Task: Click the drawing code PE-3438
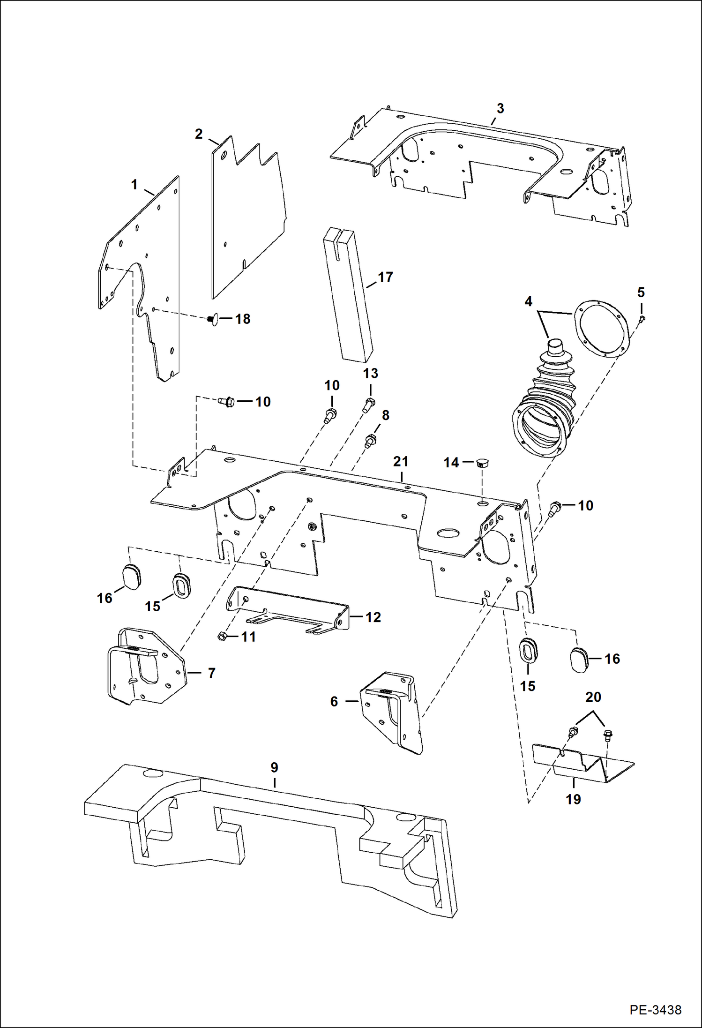click(x=655, y=1009)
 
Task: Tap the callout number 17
click(x=385, y=277)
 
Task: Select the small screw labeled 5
click(x=642, y=319)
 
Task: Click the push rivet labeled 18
click(x=211, y=319)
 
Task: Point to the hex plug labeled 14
click(x=481, y=464)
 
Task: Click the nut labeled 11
click(x=223, y=636)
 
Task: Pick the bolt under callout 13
click(x=369, y=404)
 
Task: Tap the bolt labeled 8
click(x=370, y=440)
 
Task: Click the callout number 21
click(x=401, y=462)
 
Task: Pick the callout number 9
click(x=274, y=767)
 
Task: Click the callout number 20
click(x=593, y=697)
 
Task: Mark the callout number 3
click(x=500, y=108)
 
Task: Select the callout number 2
click(x=199, y=134)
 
